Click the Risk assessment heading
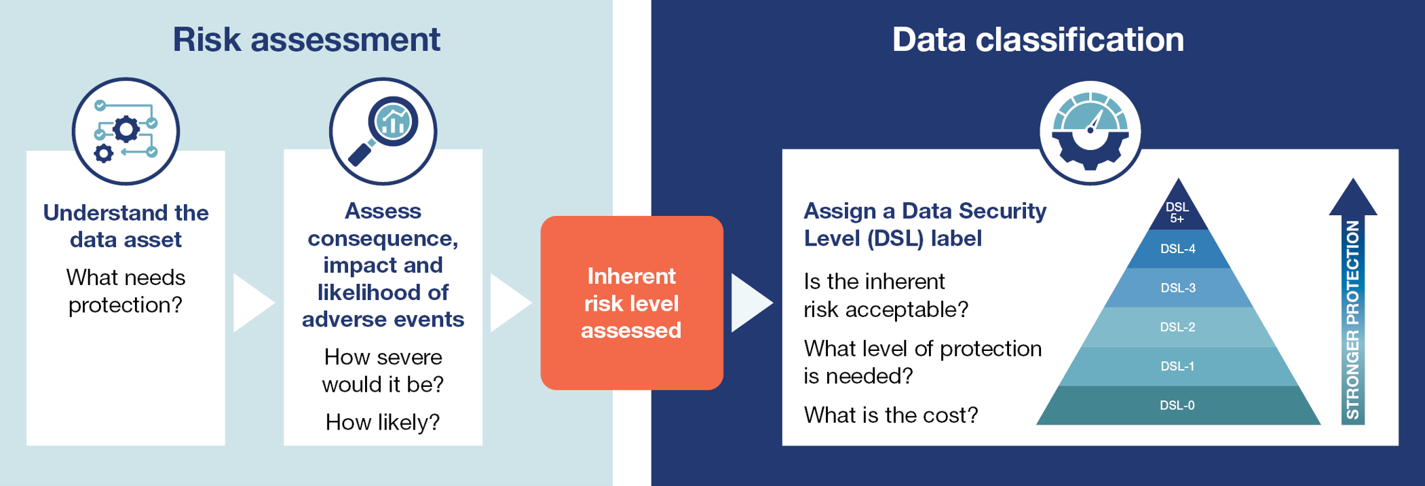pyautogui.click(x=306, y=39)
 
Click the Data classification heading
pyautogui.click(x=1038, y=39)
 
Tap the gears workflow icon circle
pyautogui.click(x=126, y=131)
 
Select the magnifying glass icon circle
pyautogui.click(x=383, y=131)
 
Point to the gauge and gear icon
pyautogui.click(x=1090, y=132)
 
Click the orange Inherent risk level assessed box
pyautogui.click(x=632, y=303)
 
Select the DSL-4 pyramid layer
pyautogui.click(x=1178, y=249)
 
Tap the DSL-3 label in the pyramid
pyautogui.click(x=1178, y=288)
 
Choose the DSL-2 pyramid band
pyautogui.click(x=1178, y=327)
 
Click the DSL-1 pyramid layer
pyautogui.click(x=1178, y=367)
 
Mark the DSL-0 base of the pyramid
pyautogui.click(x=1178, y=406)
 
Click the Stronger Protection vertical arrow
pyautogui.click(x=1352, y=301)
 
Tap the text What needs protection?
pyautogui.click(x=126, y=291)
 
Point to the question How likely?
pyautogui.click(x=383, y=422)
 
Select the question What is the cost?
pyautogui.click(x=891, y=415)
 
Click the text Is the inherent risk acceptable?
pyautogui.click(x=886, y=295)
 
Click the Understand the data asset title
pyautogui.click(x=126, y=226)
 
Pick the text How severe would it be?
pyautogui.click(x=383, y=371)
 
